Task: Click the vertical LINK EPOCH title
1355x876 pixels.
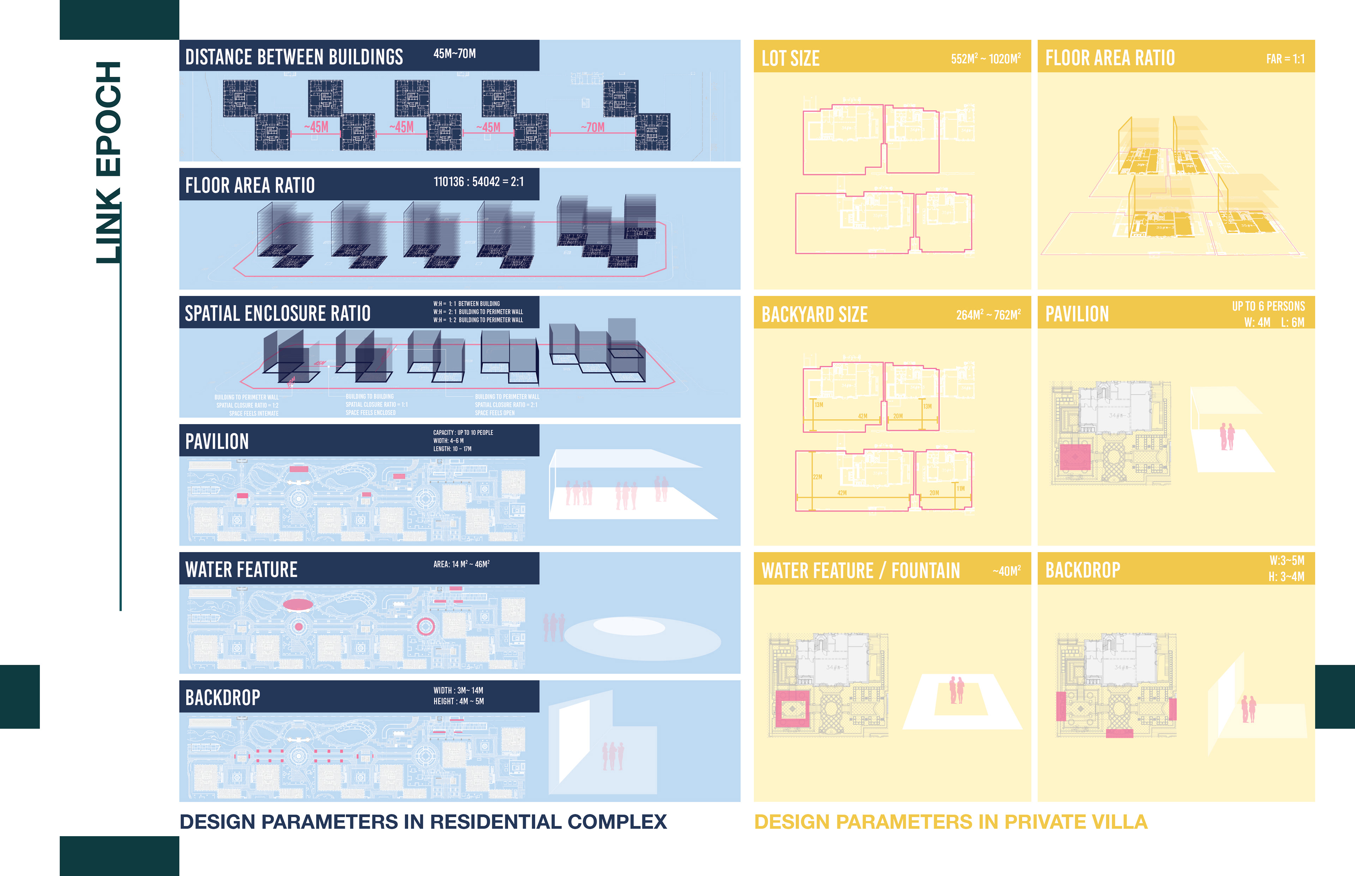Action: tap(108, 162)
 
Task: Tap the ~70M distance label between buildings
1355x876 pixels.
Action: tap(593, 127)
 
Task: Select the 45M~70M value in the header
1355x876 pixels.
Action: tap(454, 54)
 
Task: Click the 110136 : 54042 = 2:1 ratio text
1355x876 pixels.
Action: tap(478, 182)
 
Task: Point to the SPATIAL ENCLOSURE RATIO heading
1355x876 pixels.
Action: tap(277, 313)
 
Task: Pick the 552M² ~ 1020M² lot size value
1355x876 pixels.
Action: tap(986, 59)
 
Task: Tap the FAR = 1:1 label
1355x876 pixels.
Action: tap(1285, 59)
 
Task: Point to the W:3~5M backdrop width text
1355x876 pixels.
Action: tap(1286, 560)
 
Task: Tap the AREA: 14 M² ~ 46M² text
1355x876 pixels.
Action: tap(461, 564)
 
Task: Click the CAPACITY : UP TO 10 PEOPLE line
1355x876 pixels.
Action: tap(463, 432)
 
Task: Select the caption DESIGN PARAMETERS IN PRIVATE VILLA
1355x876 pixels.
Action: tap(950, 822)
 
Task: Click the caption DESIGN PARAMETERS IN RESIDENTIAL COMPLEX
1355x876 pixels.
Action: tap(423, 822)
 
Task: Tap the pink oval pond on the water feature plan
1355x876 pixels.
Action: tap(298, 604)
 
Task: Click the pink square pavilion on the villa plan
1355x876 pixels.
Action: tap(1075, 457)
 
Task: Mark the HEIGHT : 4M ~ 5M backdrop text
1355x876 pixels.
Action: tap(458, 702)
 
